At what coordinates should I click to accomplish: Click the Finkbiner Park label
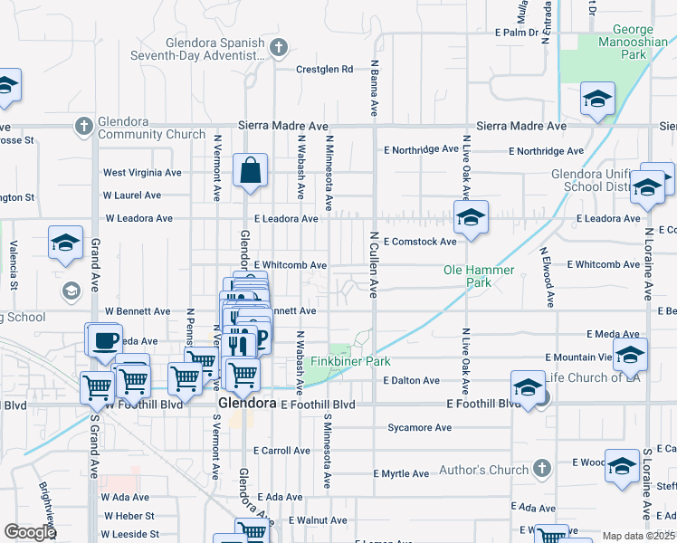point(350,361)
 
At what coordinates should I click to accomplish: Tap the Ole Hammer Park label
point(479,276)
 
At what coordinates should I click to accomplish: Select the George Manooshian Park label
point(620,43)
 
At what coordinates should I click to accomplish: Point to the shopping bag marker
point(250,170)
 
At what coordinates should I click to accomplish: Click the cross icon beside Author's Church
point(541,468)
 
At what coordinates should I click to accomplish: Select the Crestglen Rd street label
point(324,69)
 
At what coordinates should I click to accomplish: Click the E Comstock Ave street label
point(420,242)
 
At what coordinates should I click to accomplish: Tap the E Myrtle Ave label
point(401,473)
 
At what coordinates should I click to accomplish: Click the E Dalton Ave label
point(411,381)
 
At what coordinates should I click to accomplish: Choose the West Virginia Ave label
point(142,172)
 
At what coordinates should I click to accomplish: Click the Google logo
point(31,532)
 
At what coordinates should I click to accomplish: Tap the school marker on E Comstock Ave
point(471,218)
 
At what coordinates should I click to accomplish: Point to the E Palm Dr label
point(517,33)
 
